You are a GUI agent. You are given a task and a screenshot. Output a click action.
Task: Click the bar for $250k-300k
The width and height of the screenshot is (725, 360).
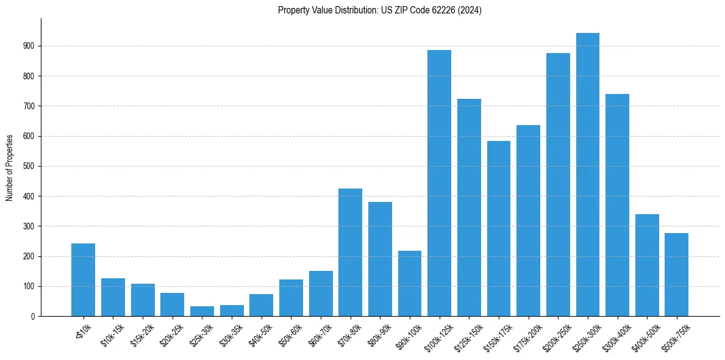tap(587, 175)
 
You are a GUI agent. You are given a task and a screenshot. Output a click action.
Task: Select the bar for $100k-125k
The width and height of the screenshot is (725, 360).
tap(439, 183)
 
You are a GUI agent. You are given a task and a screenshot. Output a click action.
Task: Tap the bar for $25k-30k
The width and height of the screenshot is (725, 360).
tap(202, 311)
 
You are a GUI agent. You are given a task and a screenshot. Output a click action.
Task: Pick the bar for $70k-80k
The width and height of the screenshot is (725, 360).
tap(350, 252)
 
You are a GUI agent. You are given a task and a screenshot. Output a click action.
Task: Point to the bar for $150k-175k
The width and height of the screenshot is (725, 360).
tap(498, 228)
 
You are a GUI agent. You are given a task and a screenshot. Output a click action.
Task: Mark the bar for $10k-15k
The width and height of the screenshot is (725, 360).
tap(113, 297)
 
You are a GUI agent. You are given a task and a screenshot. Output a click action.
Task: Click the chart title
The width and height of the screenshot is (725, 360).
tap(379, 10)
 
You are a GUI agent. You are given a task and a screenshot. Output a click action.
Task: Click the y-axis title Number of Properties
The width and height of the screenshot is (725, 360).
tap(10, 167)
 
